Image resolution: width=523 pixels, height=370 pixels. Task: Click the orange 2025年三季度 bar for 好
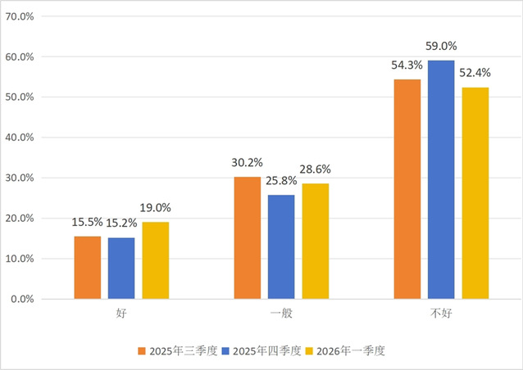[88, 268]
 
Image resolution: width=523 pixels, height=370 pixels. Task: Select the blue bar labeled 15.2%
[121, 268]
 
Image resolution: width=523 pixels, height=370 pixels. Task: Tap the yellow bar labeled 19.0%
[155, 260]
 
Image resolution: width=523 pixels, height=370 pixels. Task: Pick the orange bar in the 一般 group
[247, 237]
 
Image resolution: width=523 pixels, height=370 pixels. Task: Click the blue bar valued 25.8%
[280, 246]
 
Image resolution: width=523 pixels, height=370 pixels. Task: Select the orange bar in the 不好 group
[407, 189]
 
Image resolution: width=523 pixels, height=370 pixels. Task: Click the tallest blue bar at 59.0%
[440, 179]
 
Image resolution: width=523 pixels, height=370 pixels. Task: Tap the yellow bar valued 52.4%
[475, 193]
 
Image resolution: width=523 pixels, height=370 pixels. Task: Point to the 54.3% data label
[407, 64]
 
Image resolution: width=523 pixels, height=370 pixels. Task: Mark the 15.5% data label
[88, 221]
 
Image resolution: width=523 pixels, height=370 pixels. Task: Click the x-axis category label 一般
[280, 314]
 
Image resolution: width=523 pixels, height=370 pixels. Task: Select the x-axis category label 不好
[440, 314]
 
